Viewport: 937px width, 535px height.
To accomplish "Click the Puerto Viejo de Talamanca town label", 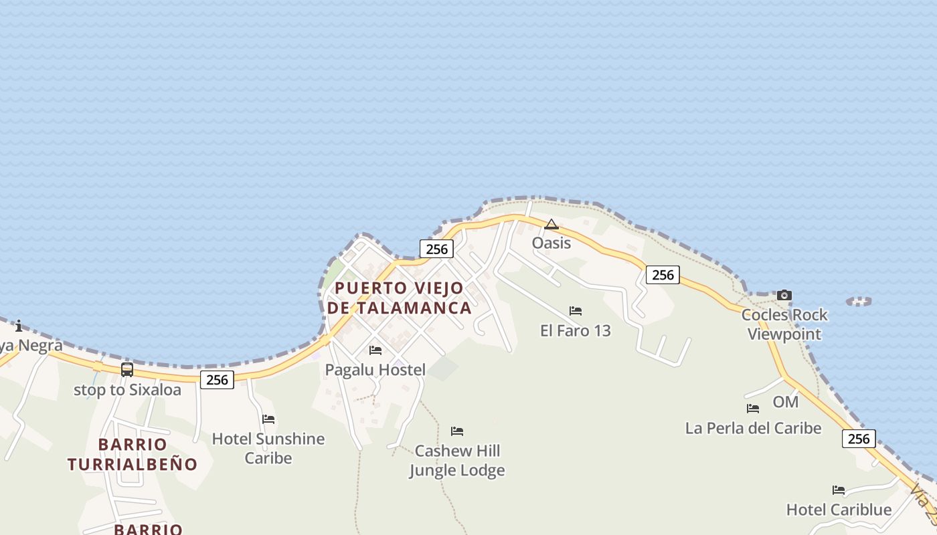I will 400,298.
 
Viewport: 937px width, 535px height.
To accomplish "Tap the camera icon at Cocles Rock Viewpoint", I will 784,295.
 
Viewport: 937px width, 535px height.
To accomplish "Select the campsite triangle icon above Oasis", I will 551,224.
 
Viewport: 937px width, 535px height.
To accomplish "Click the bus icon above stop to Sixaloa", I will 127,370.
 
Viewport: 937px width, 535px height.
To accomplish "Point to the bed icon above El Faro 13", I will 576,311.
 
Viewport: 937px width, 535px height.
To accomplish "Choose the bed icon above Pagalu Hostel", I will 375,350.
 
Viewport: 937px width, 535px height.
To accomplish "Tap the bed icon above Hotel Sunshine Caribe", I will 268,419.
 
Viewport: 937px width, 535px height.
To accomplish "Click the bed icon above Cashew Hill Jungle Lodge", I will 457,431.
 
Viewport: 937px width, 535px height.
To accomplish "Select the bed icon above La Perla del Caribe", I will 753,408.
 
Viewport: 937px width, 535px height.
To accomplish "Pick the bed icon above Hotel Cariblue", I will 839,490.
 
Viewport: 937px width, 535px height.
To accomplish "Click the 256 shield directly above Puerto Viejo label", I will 436,249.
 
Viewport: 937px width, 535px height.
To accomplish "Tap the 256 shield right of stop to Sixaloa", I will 217,380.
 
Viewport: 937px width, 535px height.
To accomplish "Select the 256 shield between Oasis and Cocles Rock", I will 663,274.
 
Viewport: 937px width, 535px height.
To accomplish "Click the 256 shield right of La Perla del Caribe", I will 858,439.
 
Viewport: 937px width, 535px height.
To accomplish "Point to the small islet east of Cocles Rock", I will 859,302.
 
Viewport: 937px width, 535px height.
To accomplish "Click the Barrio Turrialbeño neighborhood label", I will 133,454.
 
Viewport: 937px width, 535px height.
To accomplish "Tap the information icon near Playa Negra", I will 19,326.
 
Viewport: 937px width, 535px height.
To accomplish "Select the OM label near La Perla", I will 786,402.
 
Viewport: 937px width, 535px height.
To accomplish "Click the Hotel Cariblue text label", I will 839,510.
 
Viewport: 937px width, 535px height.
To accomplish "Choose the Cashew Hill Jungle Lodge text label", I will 457,461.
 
